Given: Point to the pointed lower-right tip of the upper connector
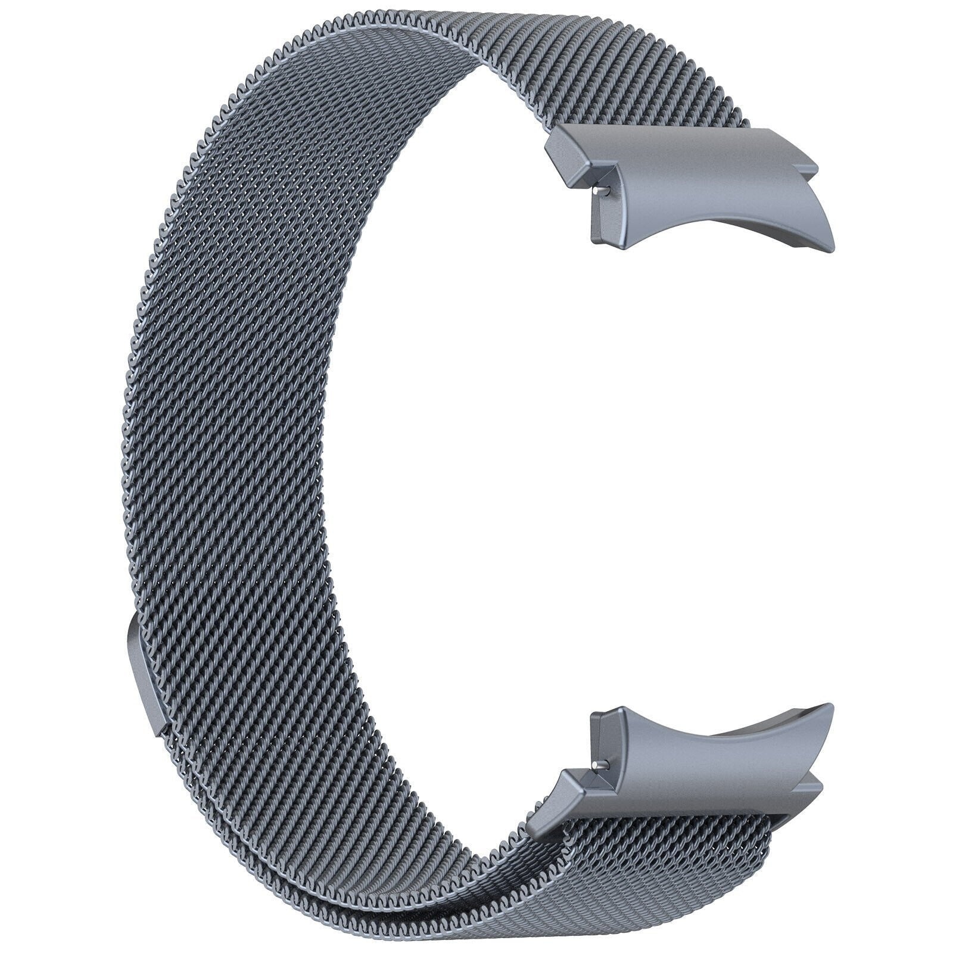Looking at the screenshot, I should tap(831, 242).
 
